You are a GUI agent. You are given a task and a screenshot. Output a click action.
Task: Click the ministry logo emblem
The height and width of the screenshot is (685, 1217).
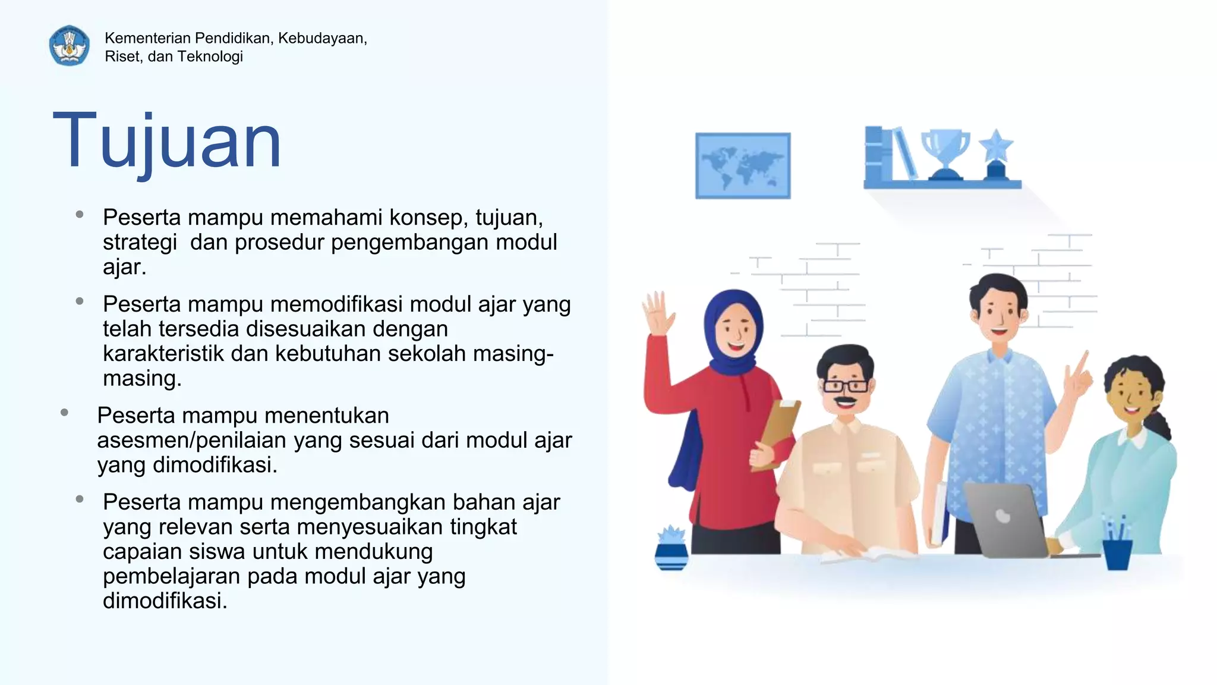70,45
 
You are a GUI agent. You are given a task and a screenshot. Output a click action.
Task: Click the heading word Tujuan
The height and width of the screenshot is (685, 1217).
167,142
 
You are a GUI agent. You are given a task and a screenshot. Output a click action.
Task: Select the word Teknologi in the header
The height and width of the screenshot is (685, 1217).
211,56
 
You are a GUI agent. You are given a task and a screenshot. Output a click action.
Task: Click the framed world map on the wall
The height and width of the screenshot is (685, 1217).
743,165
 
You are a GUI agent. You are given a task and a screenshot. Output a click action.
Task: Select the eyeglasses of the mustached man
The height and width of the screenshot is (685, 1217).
846,386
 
